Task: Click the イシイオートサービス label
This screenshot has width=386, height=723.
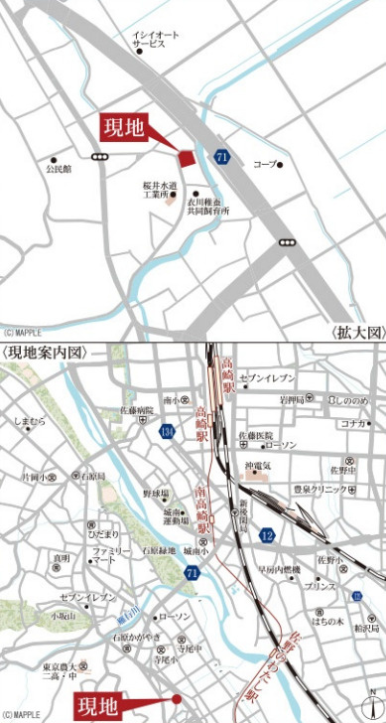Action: [x=156, y=39]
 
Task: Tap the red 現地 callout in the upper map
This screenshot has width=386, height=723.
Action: [x=123, y=130]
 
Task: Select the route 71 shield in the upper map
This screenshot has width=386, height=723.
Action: [x=221, y=156]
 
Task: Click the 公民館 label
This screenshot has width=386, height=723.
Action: [x=59, y=169]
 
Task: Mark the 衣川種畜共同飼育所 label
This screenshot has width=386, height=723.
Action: [x=208, y=206]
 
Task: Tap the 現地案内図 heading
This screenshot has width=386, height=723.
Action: [x=47, y=353]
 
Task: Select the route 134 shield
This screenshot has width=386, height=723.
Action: [x=167, y=431]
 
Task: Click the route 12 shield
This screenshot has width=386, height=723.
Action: [x=267, y=535]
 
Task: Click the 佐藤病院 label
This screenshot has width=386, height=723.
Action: [x=138, y=409]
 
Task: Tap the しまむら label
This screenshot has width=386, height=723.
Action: [x=30, y=422]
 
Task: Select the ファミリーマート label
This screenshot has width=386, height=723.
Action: [x=111, y=555]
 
